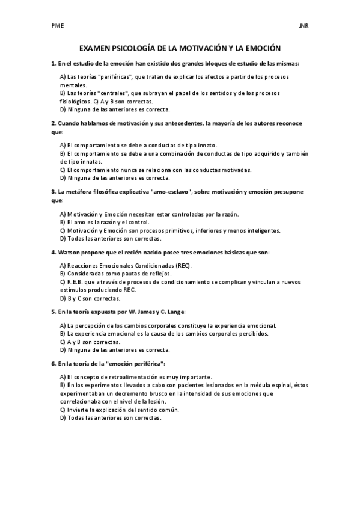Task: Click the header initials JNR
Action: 303,26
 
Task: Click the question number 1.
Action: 53,63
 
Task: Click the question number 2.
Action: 53,123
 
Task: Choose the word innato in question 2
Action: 204,146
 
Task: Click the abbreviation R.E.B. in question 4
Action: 78,282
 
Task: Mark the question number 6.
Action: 53,363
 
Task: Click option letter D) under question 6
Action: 63,417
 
